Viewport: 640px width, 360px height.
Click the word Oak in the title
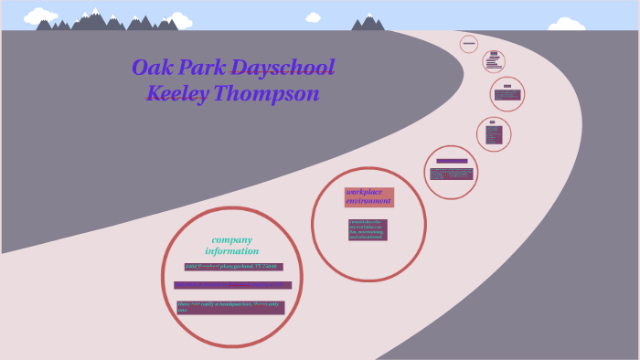[x=152, y=68]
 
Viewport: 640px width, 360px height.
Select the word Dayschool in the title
[x=283, y=68]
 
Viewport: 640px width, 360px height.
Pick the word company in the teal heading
[x=231, y=239]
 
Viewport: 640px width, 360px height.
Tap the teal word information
[x=231, y=251]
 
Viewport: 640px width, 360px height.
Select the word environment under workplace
[x=368, y=201]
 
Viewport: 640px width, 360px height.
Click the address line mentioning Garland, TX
[x=233, y=267]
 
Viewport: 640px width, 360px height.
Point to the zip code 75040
[x=272, y=267]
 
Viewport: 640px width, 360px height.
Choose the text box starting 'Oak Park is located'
[x=232, y=285]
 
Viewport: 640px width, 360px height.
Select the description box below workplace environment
[x=368, y=229]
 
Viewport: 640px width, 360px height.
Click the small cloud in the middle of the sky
[x=314, y=17]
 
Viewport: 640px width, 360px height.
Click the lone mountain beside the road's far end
[x=368, y=22]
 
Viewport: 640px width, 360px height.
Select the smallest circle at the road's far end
[x=469, y=43]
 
